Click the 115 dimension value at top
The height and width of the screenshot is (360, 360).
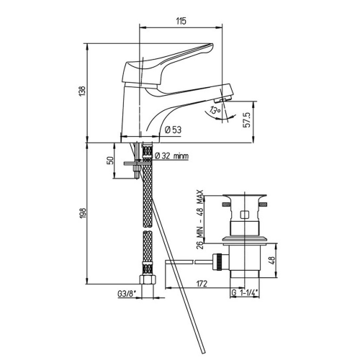pyautogui.click(x=181, y=21)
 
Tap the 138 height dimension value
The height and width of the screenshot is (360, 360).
pyautogui.click(x=82, y=91)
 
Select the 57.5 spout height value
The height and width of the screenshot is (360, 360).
pyautogui.click(x=247, y=120)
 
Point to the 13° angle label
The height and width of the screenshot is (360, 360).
pyautogui.click(x=215, y=110)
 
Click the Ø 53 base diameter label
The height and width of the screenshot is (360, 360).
pyautogui.click(x=174, y=130)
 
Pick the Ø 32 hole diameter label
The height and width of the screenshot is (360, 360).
pyautogui.click(x=171, y=156)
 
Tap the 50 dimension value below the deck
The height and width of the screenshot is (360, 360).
pyautogui.click(x=109, y=161)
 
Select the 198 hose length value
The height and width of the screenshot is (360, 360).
pyautogui.click(x=83, y=213)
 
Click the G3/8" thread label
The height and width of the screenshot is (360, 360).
pyautogui.click(x=127, y=294)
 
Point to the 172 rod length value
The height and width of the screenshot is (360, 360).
pyautogui.click(x=202, y=284)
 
